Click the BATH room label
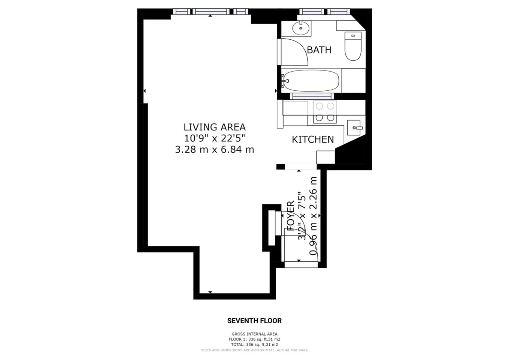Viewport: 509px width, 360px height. tap(319, 50)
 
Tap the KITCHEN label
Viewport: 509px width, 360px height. tap(313, 139)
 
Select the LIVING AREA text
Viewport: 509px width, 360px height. tap(215, 127)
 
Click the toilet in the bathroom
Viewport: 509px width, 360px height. tap(353, 46)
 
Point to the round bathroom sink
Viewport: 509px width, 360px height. tap(300, 28)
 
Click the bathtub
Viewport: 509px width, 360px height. tap(311, 81)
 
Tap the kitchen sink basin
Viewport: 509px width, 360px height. tap(354, 127)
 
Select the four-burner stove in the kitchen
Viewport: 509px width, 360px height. tap(325, 112)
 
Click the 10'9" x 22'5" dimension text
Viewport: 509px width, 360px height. tap(215, 138)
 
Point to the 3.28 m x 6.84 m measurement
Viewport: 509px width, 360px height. tap(215, 150)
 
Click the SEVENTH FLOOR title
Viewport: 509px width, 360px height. tap(254, 321)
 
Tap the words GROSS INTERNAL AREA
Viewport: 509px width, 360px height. tap(254, 334)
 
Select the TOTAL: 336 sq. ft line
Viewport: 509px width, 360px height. tap(254, 345)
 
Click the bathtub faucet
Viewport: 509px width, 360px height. tap(285, 81)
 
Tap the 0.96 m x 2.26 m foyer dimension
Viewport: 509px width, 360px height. tap(313, 216)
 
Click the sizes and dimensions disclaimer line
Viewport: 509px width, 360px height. tap(254, 350)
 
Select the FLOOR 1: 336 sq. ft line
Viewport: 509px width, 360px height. tap(254, 339)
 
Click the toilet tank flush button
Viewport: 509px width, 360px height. tap(353, 36)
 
